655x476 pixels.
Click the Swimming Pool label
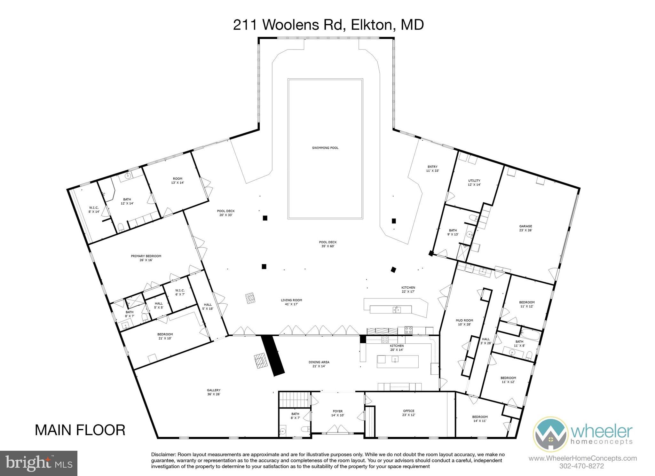[325, 148]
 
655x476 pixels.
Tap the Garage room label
[525, 228]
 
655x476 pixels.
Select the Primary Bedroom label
[146, 258]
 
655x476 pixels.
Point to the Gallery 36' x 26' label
[214, 392]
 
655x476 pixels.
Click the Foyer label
[337, 413]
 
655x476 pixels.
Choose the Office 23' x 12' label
[408, 413]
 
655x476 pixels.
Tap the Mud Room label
[464, 322]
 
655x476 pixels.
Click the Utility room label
[474, 182]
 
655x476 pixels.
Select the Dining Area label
[319, 364]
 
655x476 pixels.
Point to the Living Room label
[291, 302]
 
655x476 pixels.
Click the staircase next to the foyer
[295, 400]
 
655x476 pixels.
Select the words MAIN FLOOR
[80, 430]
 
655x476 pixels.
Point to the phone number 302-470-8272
[582, 466]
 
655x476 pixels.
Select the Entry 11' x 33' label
[432, 168]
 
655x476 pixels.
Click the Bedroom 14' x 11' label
[480, 419]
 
